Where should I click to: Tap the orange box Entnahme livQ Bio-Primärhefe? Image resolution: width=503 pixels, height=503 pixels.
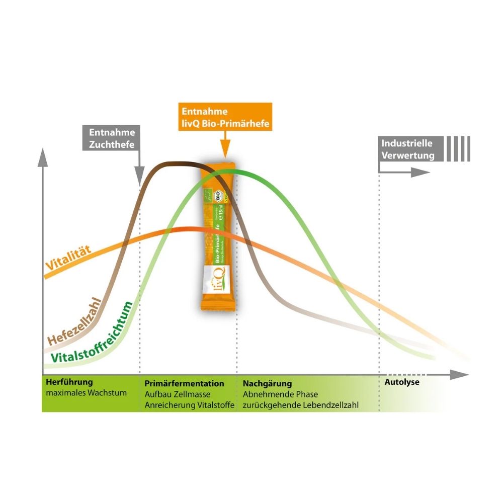pyautogui.click(x=225, y=117)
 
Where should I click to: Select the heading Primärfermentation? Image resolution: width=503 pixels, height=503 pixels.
pyautogui.click(x=184, y=383)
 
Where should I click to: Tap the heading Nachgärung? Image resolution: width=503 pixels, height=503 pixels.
pyautogui.click(x=267, y=383)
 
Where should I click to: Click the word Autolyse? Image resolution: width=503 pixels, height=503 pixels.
pyautogui.click(x=402, y=382)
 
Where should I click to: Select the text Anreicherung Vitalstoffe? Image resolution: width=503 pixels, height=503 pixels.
pyautogui.click(x=189, y=405)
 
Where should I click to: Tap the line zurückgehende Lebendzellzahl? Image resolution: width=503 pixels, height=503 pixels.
pyautogui.click(x=300, y=405)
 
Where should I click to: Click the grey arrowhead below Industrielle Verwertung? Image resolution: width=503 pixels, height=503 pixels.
pyautogui.click(x=420, y=172)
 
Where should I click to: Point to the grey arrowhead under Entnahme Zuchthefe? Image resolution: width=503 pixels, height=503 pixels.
pyautogui.click(x=139, y=180)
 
